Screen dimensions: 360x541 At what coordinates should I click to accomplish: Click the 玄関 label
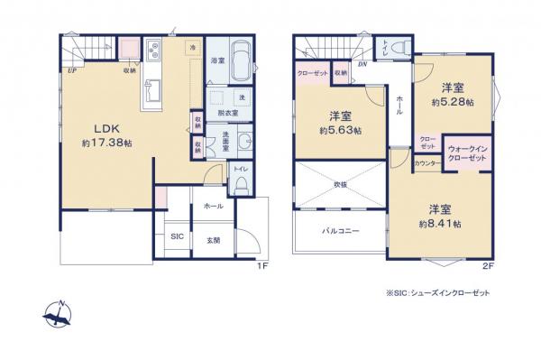(215, 239)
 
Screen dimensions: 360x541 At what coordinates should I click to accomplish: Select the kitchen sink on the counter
(150, 89)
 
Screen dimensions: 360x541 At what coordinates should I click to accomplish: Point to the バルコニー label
(341, 231)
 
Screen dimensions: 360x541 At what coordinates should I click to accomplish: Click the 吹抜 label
(341, 184)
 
